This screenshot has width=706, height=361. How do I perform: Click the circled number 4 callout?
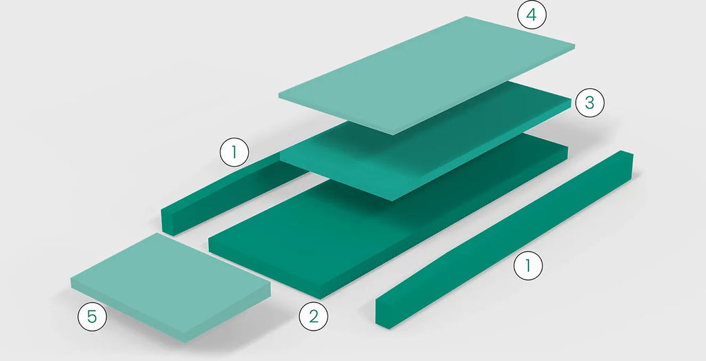532,15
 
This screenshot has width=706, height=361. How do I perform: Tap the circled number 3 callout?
589,103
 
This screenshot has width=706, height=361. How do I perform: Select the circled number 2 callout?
314,316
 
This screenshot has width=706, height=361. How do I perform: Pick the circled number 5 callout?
92,317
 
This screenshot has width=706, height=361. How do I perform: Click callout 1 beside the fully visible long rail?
528,265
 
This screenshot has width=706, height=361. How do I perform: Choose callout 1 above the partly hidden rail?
234,152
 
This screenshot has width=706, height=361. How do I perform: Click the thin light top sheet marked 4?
427,74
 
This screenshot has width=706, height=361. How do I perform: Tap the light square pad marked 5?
170,286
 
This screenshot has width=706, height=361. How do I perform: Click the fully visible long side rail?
504,238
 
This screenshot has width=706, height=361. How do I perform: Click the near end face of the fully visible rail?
383,313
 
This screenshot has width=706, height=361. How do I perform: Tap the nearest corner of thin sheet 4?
393,134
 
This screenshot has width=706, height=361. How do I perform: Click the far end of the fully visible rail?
627,153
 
